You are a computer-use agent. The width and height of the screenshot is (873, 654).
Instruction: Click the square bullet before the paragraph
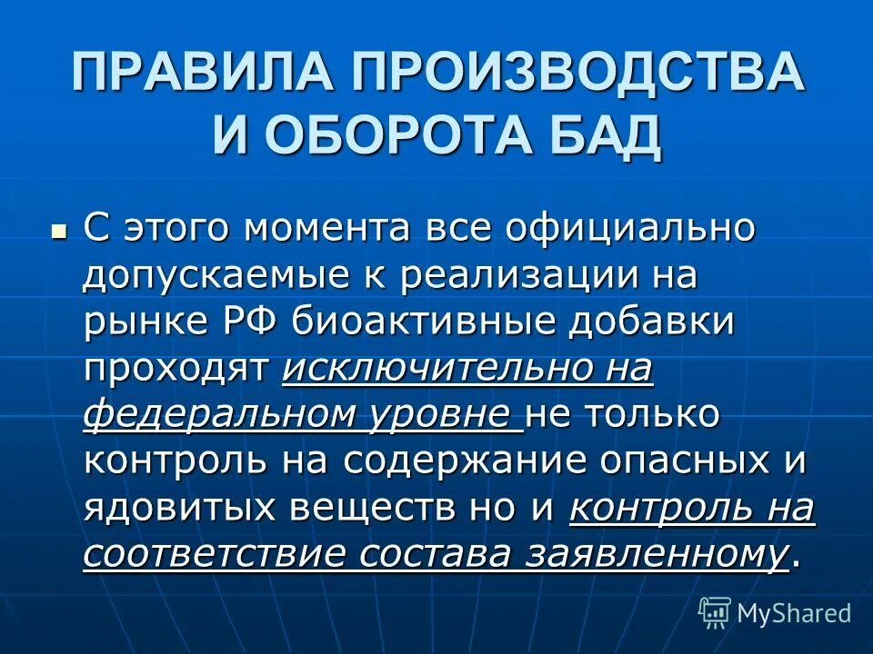pyautogui.click(x=60, y=230)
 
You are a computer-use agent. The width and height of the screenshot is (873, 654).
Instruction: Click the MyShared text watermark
pyautogui.click(x=794, y=613)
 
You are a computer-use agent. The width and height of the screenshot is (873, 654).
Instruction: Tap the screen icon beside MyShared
pyautogui.click(x=715, y=613)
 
